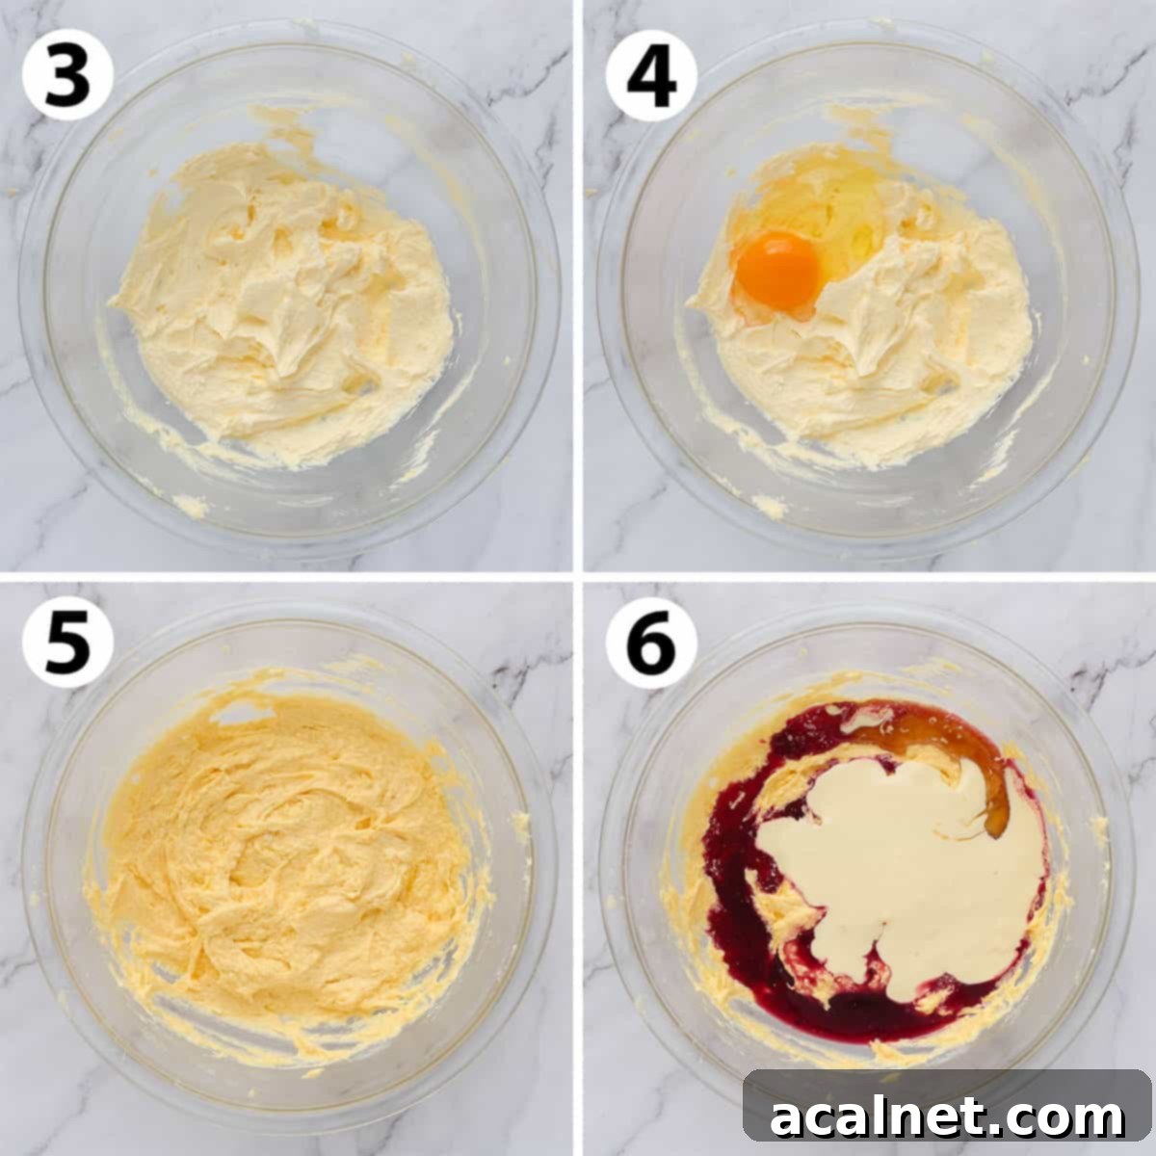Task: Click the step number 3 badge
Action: tap(67, 74)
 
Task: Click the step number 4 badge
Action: tap(651, 74)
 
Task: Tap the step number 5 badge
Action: tap(67, 641)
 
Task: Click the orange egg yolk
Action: tap(778, 269)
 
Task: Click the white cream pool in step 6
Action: tap(896, 867)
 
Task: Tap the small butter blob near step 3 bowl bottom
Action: tap(191, 504)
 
